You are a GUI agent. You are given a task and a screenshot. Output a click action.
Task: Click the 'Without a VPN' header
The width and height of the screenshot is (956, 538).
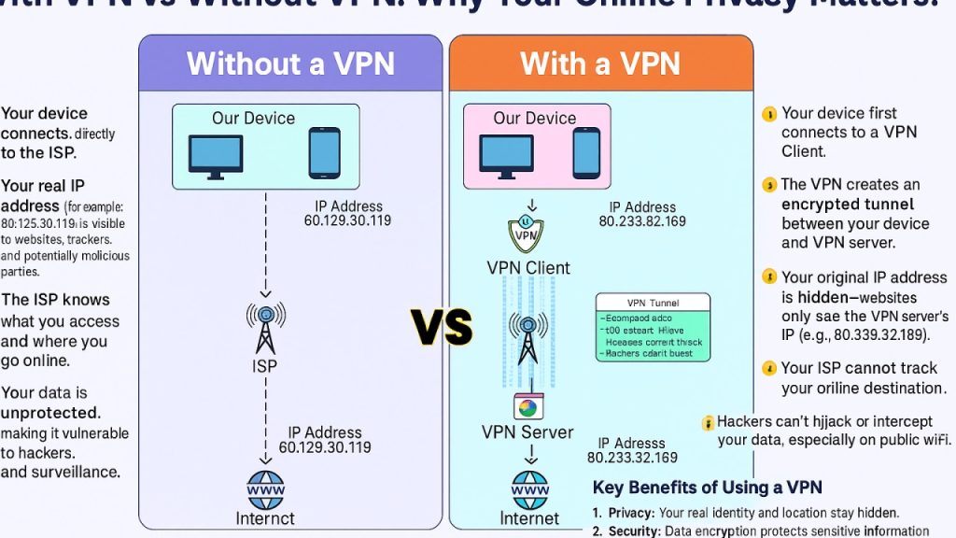pyautogui.click(x=290, y=63)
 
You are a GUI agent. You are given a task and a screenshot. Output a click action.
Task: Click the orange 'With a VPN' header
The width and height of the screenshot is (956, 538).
pyautogui.click(x=600, y=63)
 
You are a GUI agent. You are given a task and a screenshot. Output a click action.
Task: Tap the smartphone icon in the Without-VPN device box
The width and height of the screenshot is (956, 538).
pyautogui.click(x=324, y=152)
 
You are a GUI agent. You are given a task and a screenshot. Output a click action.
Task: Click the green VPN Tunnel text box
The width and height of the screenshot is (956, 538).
pyautogui.click(x=653, y=328)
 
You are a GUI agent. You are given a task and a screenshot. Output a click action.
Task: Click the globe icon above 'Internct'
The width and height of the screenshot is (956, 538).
pyautogui.click(x=265, y=489)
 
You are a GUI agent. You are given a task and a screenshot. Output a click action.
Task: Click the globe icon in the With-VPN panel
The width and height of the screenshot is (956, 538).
pyautogui.click(x=529, y=489)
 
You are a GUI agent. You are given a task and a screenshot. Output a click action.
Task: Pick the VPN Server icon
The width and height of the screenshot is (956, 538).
pyautogui.click(x=528, y=407)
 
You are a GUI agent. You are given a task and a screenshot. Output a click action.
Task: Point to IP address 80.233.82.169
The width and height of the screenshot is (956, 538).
pyautogui.click(x=642, y=221)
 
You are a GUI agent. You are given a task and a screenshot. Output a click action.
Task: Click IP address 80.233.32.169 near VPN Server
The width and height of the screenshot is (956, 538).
pyautogui.click(x=632, y=458)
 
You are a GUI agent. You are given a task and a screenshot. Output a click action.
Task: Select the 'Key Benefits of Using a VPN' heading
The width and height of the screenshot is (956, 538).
pyautogui.click(x=708, y=488)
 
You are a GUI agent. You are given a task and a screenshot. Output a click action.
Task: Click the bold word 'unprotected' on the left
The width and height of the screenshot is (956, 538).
pyautogui.click(x=49, y=412)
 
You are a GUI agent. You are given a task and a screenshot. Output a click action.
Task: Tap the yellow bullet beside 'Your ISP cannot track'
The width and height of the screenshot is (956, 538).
pyautogui.click(x=769, y=368)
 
